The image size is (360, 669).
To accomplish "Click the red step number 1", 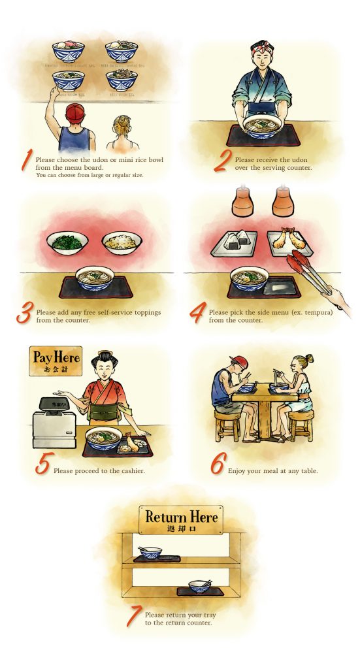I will [26, 160].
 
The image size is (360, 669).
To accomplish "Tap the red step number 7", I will [133, 616].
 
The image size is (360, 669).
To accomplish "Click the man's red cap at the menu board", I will [74, 110].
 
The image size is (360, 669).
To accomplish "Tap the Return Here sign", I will [181, 519].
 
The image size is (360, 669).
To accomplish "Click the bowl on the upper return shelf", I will [150, 553].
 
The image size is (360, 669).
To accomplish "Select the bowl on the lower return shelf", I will [199, 586].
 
